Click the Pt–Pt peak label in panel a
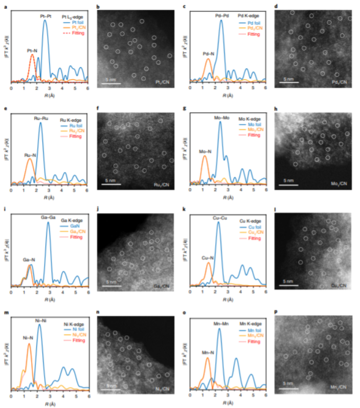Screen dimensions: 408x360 pos(46,16)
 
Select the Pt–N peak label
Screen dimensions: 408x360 pos(32,51)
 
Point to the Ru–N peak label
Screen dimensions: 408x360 pos(30,154)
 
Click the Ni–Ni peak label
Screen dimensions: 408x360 pos(41,320)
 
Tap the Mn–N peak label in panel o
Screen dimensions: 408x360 pos(208,352)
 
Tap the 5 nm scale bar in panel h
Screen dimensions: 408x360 pos(289,184)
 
